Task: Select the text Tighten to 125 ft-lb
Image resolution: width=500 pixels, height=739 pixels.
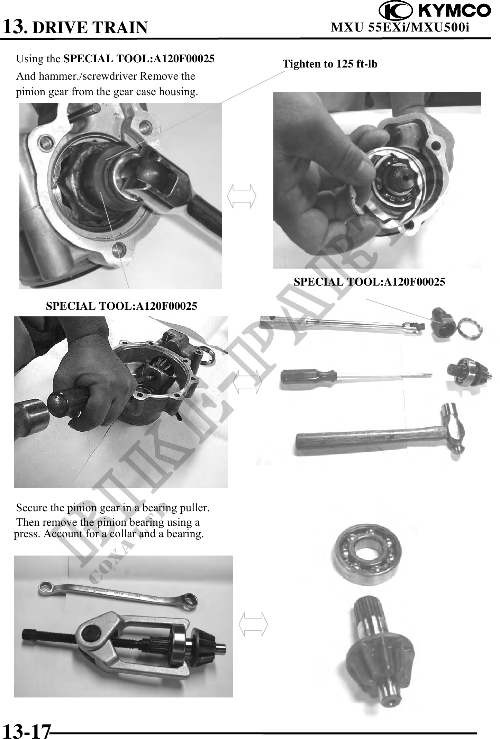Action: pyautogui.click(x=330, y=64)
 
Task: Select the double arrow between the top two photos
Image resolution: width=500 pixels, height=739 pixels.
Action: pyautogui.click(x=242, y=196)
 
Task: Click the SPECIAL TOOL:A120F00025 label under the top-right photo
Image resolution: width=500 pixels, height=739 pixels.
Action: pyautogui.click(x=369, y=282)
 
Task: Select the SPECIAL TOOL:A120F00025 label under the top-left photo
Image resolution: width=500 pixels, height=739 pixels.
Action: pyautogui.click(x=121, y=306)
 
